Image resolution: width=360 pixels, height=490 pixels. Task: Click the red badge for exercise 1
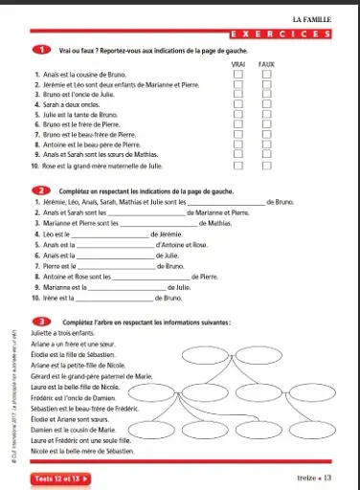[43, 50]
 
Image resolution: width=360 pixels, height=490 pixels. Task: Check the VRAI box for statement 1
[238, 74]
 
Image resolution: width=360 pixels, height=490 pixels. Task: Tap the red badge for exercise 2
[43, 191]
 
